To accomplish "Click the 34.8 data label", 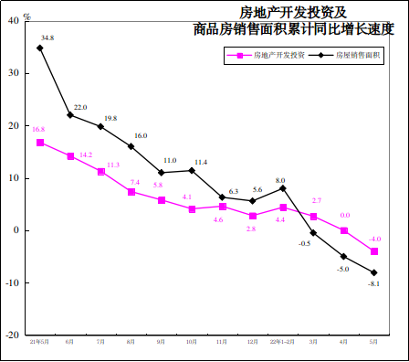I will click(x=47, y=38).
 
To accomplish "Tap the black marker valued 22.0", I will click(x=70, y=115).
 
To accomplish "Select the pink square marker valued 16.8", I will click(x=40, y=143).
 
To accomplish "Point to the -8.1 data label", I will click(x=374, y=284).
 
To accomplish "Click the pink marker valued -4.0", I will click(x=374, y=251).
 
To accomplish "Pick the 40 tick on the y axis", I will click(x=16, y=21).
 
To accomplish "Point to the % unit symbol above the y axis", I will click(x=26, y=16).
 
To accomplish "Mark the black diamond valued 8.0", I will click(x=283, y=188).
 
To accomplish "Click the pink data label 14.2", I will click(x=86, y=155).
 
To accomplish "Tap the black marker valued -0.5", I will click(x=313, y=232).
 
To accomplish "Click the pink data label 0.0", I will click(x=345, y=216).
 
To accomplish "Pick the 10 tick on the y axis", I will click(x=16, y=178).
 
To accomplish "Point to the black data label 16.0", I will click(x=141, y=135).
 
